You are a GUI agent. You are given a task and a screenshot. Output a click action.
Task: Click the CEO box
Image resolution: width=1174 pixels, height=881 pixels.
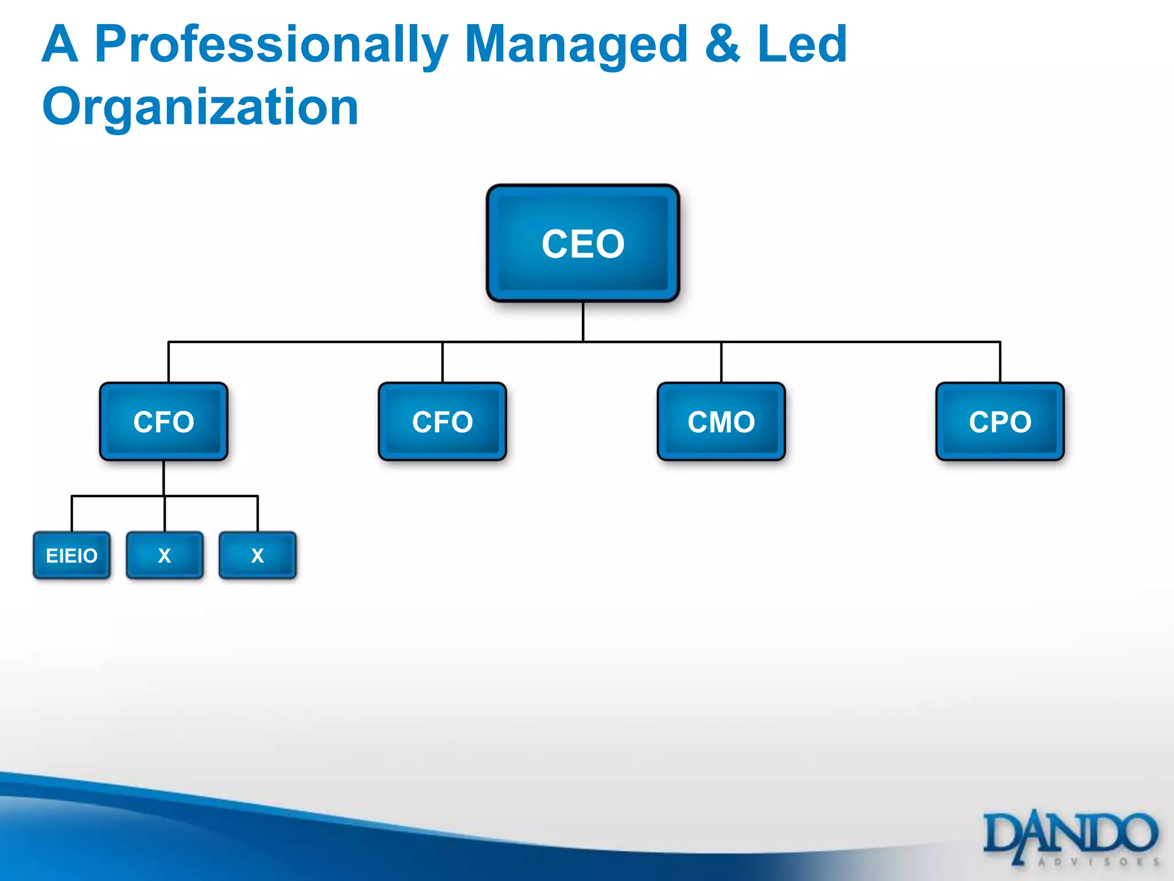583,243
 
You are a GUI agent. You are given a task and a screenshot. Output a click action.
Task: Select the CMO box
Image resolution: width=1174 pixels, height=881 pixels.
721,422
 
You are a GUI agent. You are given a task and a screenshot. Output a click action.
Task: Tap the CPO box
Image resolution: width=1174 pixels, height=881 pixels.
1000,422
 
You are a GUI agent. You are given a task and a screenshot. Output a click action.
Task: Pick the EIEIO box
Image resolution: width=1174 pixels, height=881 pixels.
72,555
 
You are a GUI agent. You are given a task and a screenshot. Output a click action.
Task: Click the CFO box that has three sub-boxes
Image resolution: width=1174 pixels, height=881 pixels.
163,422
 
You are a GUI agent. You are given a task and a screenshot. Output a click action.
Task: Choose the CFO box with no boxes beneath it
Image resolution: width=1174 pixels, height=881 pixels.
442,422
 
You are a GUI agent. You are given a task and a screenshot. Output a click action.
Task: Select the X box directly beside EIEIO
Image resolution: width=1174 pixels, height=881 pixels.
165,555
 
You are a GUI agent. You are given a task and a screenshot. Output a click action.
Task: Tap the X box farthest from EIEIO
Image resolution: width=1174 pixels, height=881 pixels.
257,555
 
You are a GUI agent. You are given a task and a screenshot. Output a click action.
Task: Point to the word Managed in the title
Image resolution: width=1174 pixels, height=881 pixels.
576,45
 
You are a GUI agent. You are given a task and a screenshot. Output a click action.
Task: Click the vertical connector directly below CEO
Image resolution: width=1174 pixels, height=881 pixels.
583,321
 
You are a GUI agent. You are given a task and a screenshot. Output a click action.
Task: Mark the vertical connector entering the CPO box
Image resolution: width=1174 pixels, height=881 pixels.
1000,362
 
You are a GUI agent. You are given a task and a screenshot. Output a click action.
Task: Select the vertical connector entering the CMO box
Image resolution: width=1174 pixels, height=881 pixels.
721,362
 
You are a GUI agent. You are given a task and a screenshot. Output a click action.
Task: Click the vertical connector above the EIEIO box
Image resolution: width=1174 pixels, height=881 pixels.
72,513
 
